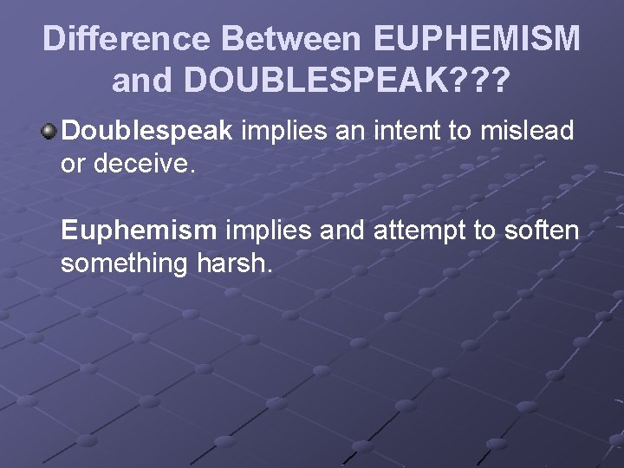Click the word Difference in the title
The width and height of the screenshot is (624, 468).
pos(127,39)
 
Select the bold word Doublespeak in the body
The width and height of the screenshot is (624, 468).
pos(146,131)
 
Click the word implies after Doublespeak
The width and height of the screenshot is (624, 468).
pos(276,132)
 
